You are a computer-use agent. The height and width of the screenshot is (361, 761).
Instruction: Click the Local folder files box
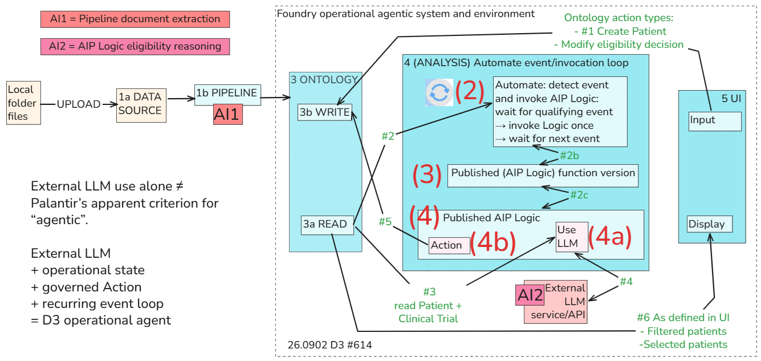coord(23,103)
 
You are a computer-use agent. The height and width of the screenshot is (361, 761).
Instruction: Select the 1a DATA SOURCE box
coord(141,106)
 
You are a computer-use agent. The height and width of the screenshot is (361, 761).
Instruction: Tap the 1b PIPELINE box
coord(227,95)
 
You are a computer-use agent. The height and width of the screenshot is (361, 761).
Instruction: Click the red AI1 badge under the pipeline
coord(228,114)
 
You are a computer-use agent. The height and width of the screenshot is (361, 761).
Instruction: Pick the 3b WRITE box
coord(325,112)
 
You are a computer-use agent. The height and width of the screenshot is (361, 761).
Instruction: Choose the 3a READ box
coord(327,225)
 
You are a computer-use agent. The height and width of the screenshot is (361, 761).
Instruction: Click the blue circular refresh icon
coord(439,92)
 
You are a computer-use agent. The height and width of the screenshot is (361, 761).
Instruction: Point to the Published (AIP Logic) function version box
coord(543,176)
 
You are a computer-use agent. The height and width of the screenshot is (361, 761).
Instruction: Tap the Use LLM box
coord(572,237)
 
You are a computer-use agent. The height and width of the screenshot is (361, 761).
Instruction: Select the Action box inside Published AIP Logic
coord(449,245)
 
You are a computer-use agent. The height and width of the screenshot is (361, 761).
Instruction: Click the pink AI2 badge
coord(530,295)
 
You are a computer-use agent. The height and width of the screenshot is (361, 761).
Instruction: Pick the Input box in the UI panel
coord(715,121)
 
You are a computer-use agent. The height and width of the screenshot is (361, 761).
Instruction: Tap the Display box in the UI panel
coord(710,224)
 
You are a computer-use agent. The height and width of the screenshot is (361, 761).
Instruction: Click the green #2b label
coord(569,156)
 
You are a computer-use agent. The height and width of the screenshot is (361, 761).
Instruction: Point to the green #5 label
coord(385,222)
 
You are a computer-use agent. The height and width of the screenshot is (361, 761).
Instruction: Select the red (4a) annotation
coord(610,237)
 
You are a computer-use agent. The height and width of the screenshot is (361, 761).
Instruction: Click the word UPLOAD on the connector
coord(79,104)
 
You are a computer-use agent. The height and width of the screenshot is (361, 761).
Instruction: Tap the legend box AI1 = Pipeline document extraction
coord(135,19)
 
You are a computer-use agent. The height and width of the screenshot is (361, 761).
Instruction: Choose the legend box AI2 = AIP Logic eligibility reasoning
coord(135,47)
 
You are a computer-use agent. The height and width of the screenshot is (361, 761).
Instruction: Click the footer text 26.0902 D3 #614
coord(330,345)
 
